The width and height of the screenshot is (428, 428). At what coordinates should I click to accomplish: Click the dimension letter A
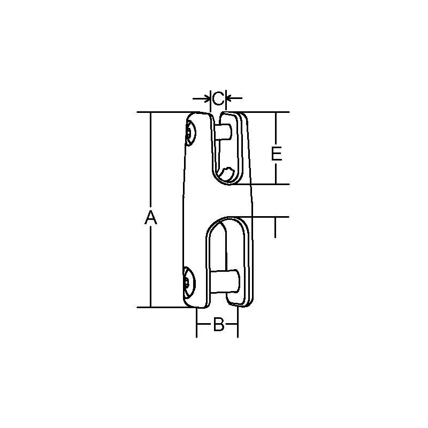coord(151,218)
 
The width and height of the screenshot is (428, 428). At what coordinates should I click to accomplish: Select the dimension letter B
coord(218,324)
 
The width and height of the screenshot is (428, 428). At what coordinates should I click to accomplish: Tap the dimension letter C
coord(218,98)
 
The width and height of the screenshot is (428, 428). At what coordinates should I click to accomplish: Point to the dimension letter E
coord(276,155)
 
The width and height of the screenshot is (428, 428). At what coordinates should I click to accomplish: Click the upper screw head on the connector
coord(191,134)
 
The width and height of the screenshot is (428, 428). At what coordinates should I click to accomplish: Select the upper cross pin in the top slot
coord(224,131)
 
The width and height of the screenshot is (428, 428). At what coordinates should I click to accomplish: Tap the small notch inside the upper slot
coord(229,173)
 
